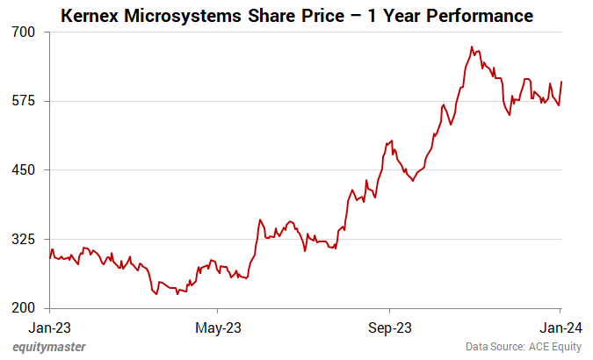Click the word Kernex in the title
[x=90, y=16]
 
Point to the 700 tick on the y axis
[x=24, y=32]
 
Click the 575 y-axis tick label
[x=24, y=101]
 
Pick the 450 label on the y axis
[x=24, y=170]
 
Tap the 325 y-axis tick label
[x=24, y=240]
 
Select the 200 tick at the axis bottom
[x=24, y=308]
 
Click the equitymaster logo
[x=49, y=347]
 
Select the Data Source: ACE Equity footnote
[x=524, y=347]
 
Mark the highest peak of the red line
[x=472, y=47]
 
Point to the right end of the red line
[x=561, y=82]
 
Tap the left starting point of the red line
[x=50, y=257]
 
